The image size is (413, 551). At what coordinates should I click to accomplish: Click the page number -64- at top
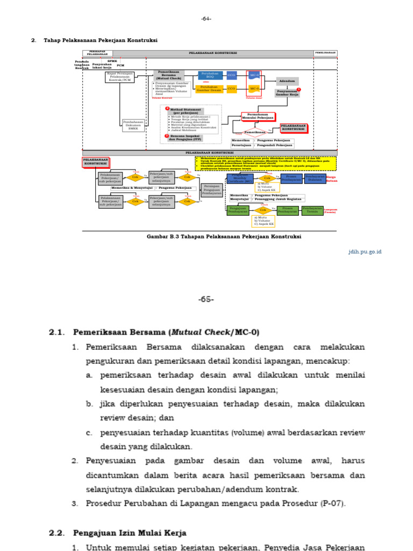[206, 19]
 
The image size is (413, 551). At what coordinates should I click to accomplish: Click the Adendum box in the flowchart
[287, 81]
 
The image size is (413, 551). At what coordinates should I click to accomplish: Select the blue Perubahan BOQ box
[209, 75]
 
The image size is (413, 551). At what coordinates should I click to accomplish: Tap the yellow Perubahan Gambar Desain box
[209, 88]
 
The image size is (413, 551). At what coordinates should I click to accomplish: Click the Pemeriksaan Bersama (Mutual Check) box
[169, 75]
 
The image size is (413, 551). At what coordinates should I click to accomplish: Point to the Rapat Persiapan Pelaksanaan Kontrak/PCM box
[119, 76]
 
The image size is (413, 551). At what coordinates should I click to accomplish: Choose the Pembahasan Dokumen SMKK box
[134, 125]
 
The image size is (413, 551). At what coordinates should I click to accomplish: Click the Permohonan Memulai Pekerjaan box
[258, 116]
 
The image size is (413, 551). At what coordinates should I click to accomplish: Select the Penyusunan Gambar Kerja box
[287, 92]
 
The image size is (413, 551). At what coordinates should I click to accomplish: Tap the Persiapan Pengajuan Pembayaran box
[211, 189]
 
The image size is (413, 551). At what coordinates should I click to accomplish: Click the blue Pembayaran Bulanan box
[315, 178]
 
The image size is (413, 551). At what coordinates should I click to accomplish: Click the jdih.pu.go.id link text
[365, 251]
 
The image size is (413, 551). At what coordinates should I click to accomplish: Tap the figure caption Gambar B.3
[224, 236]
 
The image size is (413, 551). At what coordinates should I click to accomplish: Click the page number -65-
[206, 299]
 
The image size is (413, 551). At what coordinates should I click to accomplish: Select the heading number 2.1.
[56, 332]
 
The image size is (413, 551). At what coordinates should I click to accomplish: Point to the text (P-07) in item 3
[333, 504]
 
